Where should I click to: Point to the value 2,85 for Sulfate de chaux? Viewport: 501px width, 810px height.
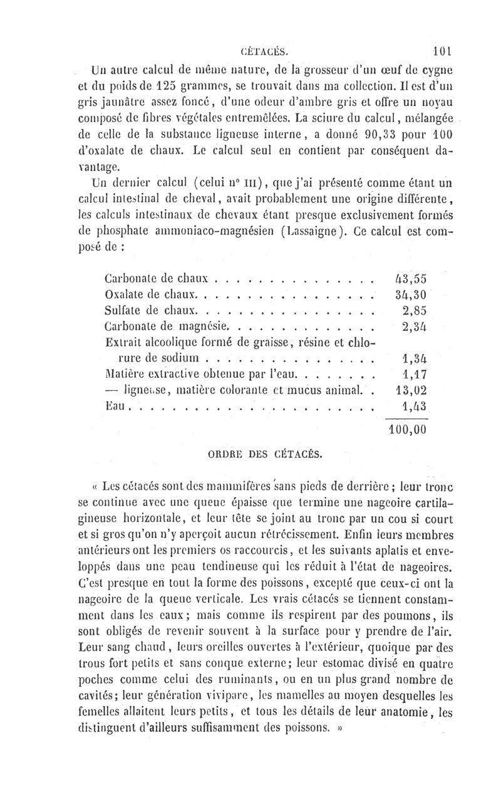pyautogui.click(x=414, y=309)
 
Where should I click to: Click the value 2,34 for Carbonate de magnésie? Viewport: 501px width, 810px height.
pyautogui.click(x=414, y=326)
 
